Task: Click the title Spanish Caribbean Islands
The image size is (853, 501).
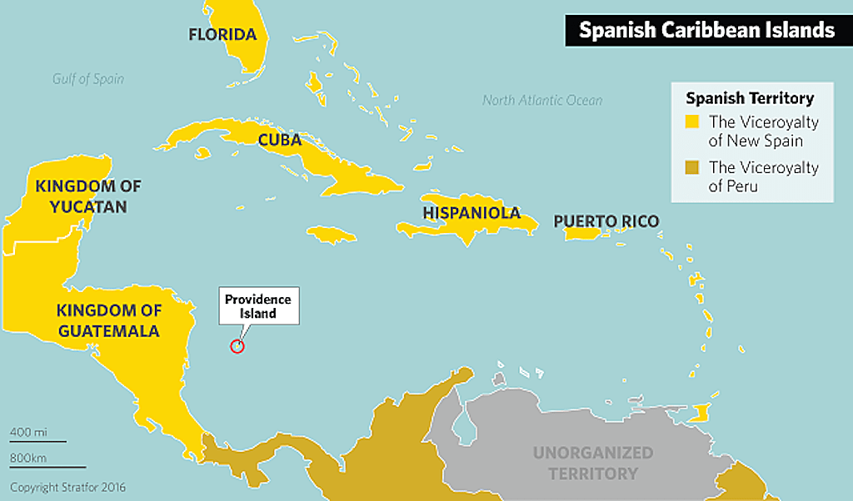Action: click(x=706, y=31)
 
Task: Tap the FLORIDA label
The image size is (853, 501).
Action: click(x=222, y=35)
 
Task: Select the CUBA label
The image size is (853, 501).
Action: click(x=279, y=140)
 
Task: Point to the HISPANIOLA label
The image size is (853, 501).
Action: click(x=471, y=213)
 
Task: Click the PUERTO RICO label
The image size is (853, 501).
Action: click(x=606, y=221)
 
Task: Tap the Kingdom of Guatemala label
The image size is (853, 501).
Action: click(x=108, y=320)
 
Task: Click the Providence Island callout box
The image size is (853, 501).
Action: click(x=258, y=306)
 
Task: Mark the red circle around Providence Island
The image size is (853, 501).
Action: click(x=237, y=346)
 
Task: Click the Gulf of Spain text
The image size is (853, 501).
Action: click(x=87, y=79)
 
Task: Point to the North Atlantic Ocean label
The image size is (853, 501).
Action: click(x=542, y=101)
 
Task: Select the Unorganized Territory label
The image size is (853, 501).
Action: click(x=593, y=463)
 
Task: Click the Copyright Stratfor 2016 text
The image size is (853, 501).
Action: click(x=67, y=487)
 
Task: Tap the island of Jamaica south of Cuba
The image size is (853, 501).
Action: click(x=331, y=231)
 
